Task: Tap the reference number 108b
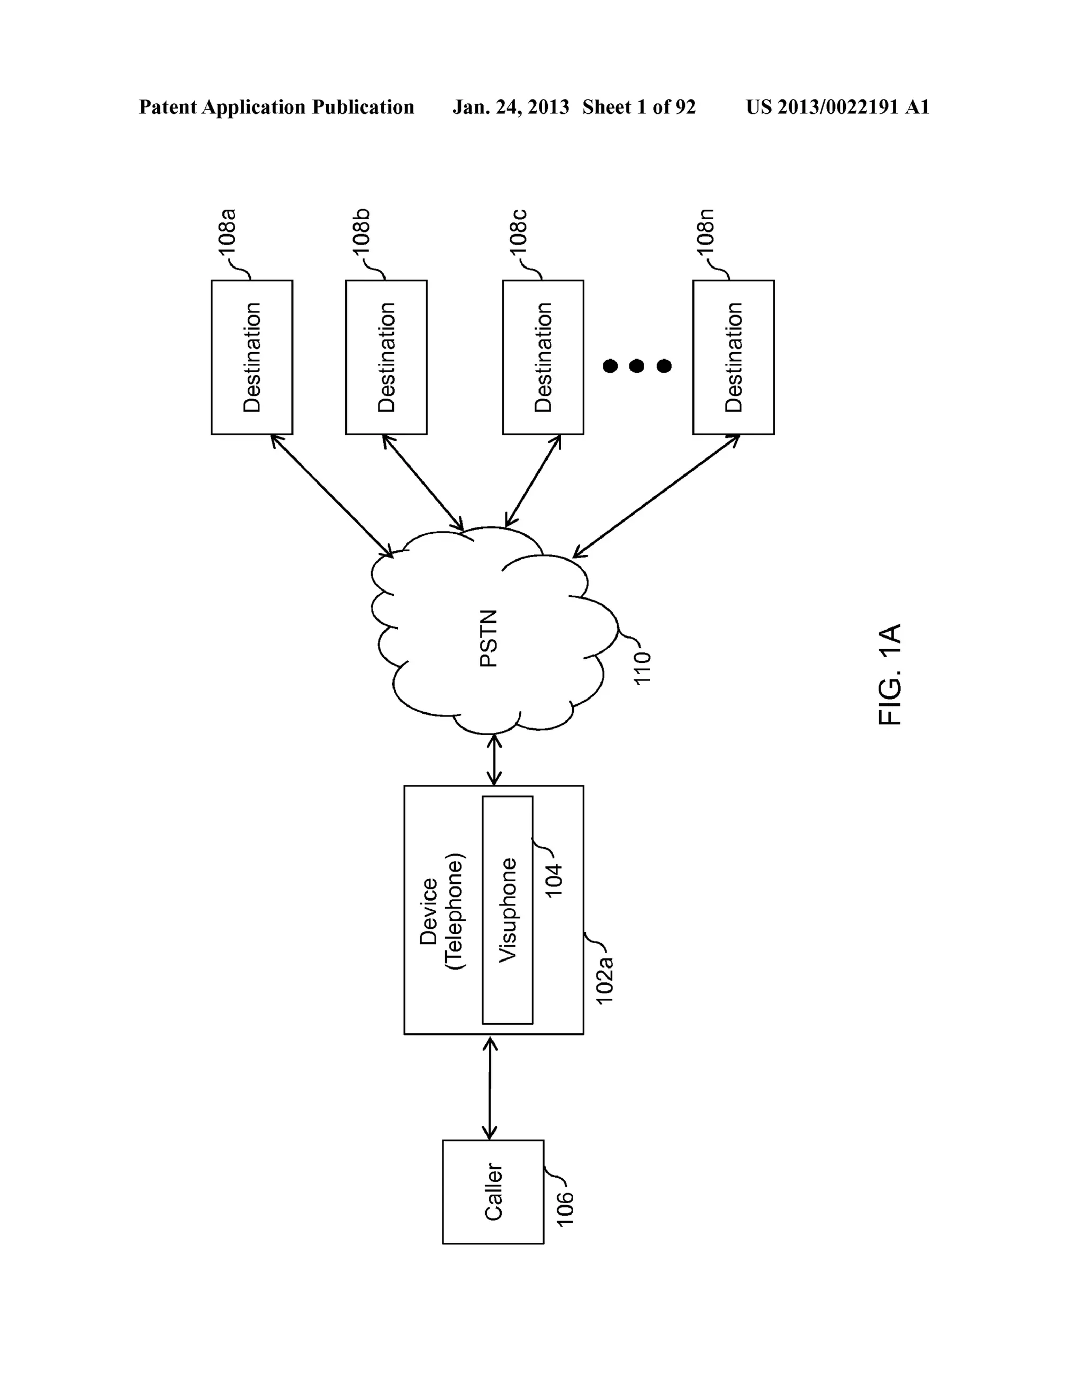pos(361,232)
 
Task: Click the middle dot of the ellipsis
pos(636,366)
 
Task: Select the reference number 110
pos(642,668)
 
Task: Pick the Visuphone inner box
pos(508,910)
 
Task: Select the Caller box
pos(493,1192)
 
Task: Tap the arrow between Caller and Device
pos(490,1089)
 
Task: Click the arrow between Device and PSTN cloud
pos(494,760)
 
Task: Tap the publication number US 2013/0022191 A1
pos(837,107)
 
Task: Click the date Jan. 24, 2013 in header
pos(510,107)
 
